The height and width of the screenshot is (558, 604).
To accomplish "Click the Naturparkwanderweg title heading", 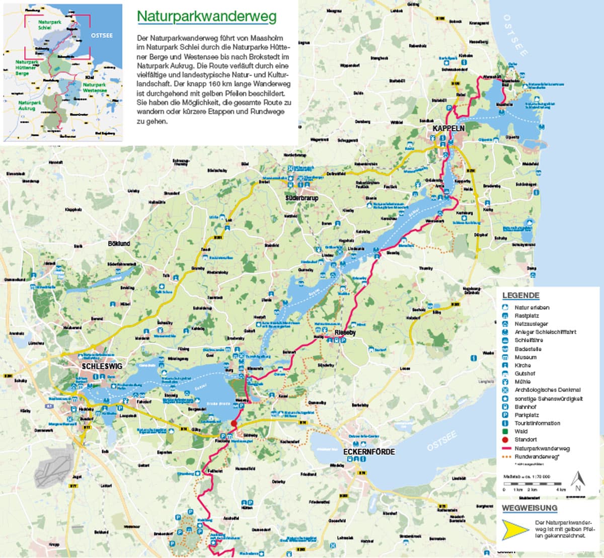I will click(206, 17).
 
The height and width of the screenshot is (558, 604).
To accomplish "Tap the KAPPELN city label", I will click(448, 129).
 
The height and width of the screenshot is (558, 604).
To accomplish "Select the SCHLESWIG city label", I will click(102, 366).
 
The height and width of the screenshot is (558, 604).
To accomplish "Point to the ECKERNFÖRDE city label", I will click(369, 452).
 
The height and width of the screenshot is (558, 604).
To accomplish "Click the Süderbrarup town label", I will click(302, 198).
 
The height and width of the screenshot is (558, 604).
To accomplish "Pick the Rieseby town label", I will click(345, 333).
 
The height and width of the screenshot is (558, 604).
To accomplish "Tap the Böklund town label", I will click(119, 244).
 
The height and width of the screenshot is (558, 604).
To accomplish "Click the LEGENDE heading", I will click(520, 295).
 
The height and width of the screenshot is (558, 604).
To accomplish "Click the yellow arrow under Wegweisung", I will click(514, 529).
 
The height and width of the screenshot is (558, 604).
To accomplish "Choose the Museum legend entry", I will click(525, 357).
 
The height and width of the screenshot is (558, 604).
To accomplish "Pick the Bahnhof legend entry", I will click(525, 407).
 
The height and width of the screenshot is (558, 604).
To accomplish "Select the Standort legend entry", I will click(525, 439).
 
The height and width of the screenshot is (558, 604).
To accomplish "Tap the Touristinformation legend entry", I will click(537, 423).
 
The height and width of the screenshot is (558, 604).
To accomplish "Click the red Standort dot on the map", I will click(234, 424).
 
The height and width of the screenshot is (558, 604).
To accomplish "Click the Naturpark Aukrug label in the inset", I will click(30, 105).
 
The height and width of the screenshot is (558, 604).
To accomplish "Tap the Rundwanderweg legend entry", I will click(537, 456).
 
